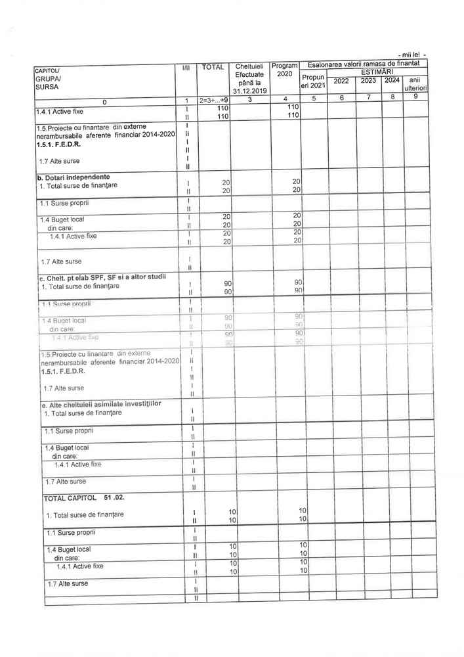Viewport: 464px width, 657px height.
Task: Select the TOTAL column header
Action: pos(213,66)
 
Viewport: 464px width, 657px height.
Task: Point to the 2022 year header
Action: pos(341,81)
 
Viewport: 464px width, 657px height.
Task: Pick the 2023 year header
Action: pos(369,81)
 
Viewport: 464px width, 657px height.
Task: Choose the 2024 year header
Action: pos(392,81)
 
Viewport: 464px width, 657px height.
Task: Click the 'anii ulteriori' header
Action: pos(416,84)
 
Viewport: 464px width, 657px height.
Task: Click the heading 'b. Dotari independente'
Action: pos(74,177)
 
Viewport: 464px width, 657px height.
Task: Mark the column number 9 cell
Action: pos(416,97)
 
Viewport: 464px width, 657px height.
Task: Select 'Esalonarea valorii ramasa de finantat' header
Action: pos(368,63)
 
